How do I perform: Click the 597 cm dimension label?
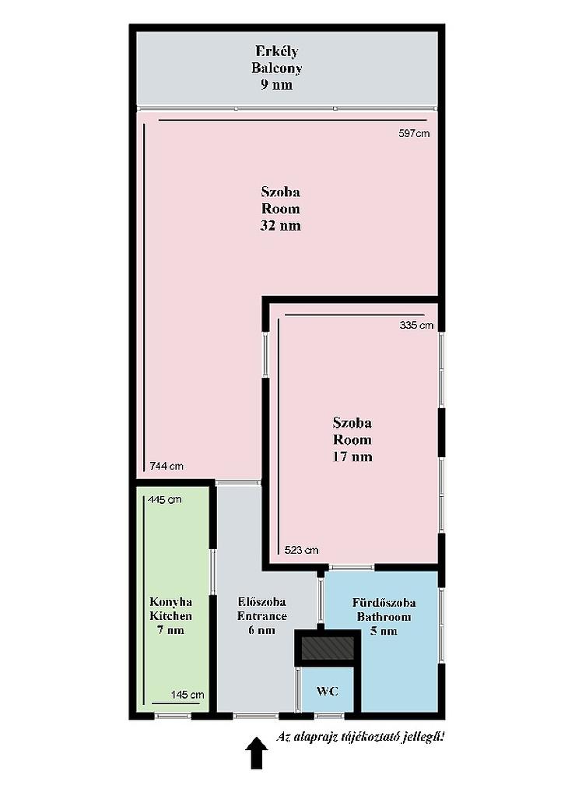click(414, 133)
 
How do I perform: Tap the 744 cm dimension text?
click(167, 466)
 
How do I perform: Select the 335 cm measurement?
click(416, 325)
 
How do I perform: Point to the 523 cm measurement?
click(302, 550)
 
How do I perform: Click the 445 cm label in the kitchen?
click(165, 500)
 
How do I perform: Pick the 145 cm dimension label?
click(188, 695)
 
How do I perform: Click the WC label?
click(328, 692)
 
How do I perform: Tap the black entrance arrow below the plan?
click(256, 752)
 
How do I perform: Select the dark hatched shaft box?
click(328, 648)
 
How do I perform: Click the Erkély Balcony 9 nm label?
click(277, 68)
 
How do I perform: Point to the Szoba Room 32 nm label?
click(280, 208)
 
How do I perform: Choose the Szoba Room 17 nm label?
click(352, 439)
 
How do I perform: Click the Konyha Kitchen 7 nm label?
click(171, 616)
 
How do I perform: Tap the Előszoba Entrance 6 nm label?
click(262, 616)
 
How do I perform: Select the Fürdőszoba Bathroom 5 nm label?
click(384, 616)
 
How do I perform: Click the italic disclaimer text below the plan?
click(360, 737)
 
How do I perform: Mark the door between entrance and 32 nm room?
click(238, 483)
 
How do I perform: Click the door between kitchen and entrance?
click(212, 572)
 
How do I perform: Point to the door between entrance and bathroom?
click(321, 601)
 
